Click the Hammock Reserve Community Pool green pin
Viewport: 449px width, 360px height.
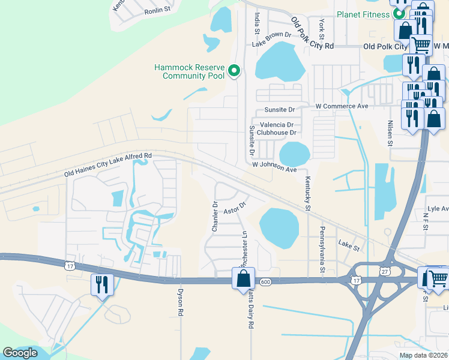[235, 71]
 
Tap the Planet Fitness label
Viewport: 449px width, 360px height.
[363, 14]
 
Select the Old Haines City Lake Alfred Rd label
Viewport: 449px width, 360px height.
[109, 165]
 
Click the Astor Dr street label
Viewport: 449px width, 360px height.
[235, 208]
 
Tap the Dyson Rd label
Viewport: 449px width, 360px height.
[179, 302]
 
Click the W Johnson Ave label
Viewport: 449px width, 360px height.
[274, 166]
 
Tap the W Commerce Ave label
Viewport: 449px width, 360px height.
[342, 106]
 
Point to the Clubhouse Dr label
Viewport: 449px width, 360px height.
[277, 133]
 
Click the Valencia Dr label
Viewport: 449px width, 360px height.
[276, 125]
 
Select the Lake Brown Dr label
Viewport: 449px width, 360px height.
[271, 38]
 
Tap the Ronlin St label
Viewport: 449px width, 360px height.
[158, 11]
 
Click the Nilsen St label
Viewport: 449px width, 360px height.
[390, 132]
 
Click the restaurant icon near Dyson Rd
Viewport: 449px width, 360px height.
[100, 284]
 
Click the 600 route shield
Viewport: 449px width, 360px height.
[265, 281]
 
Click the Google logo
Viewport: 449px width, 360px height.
[20, 353]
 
